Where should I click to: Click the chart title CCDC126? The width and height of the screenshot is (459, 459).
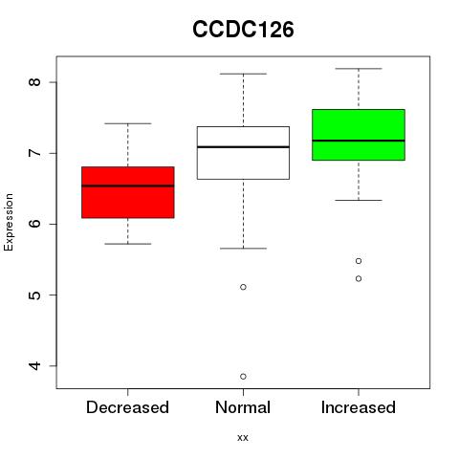click(243, 29)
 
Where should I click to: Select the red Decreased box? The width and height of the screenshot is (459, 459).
click(128, 192)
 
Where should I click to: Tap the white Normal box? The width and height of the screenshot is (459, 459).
click(243, 153)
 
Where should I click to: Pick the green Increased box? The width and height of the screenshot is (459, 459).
click(359, 135)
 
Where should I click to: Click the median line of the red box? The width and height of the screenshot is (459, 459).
click(128, 186)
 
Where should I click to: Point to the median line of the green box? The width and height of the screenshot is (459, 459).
click(359, 141)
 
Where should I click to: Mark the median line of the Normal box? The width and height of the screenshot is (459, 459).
click(243, 147)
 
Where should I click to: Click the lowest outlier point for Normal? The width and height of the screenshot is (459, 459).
click(243, 377)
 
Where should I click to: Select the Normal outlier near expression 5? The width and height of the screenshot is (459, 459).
click(243, 287)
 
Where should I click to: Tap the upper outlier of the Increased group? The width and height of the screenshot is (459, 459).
click(359, 261)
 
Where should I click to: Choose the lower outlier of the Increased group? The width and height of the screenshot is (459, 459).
click(359, 278)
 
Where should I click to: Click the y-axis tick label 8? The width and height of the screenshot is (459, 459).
click(34, 82)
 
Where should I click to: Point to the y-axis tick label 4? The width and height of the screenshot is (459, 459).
click(34, 365)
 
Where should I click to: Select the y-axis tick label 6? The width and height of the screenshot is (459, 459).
click(34, 224)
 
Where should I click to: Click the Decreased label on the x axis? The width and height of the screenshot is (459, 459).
click(127, 407)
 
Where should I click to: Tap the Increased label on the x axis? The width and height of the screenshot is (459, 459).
click(359, 407)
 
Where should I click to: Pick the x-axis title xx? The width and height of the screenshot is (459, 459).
click(243, 438)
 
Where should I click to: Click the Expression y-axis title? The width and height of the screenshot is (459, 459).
click(9, 222)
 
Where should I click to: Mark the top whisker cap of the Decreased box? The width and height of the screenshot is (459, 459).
click(128, 123)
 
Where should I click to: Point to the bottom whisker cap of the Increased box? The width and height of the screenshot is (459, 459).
click(359, 200)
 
